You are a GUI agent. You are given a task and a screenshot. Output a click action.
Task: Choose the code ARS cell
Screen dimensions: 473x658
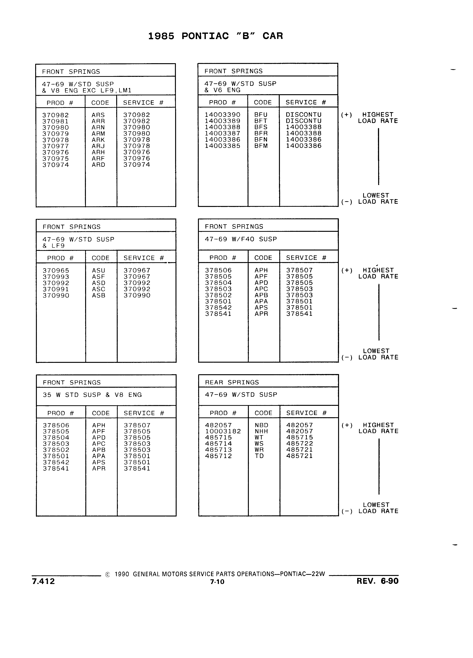[98, 115]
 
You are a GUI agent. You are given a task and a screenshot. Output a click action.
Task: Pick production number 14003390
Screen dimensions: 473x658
[222, 115]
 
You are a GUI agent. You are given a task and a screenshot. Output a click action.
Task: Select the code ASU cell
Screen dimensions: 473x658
[98, 270]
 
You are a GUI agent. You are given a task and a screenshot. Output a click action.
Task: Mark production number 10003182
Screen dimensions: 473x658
[223, 431]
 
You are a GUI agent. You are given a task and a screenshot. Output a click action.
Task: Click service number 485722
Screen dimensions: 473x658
[299, 444]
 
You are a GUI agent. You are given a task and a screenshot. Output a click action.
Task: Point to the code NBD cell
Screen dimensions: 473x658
[261, 425]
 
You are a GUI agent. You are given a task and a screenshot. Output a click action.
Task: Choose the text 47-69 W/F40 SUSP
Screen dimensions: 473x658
[241, 239]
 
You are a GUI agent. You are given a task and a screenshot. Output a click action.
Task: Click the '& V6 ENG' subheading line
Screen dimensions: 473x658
[222, 90]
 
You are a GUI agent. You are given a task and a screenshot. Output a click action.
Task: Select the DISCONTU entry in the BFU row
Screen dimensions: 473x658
[303, 115]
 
